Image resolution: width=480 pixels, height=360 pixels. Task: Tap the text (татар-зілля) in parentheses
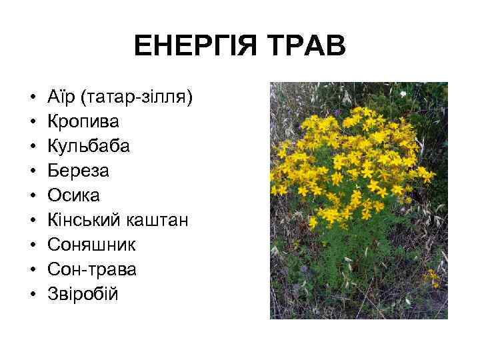pyautogui.click(x=136, y=99)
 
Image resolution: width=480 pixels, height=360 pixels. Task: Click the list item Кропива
pyautogui.click(x=83, y=123)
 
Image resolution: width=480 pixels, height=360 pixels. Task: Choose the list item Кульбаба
pyautogui.click(x=88, y=147)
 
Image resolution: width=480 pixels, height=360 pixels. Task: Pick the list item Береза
pyautogui.click(x=78, y=171)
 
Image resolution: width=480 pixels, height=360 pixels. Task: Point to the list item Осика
pyautogui.click(x=73, y=195)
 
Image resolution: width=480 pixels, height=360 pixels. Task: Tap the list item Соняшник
pyautogui.click(x=92, y=244)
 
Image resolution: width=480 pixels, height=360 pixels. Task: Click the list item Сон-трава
pyautogui.click(x=93, y=268)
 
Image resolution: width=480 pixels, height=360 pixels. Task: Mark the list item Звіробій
pyautogui.click(x=83, y=293)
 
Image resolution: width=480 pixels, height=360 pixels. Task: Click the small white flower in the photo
pyautogui.click(x=403, y=95)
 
